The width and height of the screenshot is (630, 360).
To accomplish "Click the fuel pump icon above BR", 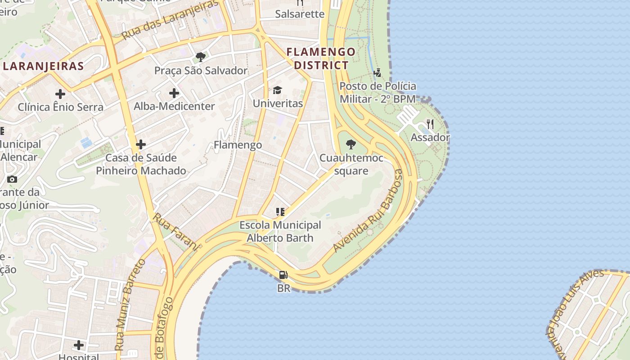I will point(283,274).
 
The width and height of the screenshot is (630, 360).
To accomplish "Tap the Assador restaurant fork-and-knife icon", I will point(430,124).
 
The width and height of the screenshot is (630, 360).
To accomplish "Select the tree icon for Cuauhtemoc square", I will point(351,144).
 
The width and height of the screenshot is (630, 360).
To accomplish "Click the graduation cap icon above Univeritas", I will point(277,90).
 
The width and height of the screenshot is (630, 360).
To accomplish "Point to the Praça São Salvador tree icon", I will point(201,57).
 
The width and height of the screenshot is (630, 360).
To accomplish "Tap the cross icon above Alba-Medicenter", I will point(174,93).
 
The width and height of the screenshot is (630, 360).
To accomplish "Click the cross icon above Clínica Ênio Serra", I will point(60,94).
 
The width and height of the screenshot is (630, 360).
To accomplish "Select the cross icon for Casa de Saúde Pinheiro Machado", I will point(141,144).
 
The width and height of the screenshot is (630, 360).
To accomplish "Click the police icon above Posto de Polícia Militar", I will point(378,72).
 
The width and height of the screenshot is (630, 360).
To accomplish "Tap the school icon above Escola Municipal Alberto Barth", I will point(280,211).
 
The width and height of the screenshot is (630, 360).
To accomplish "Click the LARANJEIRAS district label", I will point(43,66).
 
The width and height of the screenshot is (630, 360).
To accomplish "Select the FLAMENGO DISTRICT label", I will point(321,58).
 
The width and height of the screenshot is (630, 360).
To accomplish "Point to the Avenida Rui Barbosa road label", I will point(369,211).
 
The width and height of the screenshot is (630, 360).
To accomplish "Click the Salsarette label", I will point(300,14).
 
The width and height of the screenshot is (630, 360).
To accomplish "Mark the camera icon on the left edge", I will point(12,179).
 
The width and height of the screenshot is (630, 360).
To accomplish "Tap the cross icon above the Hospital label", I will point(79,345).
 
